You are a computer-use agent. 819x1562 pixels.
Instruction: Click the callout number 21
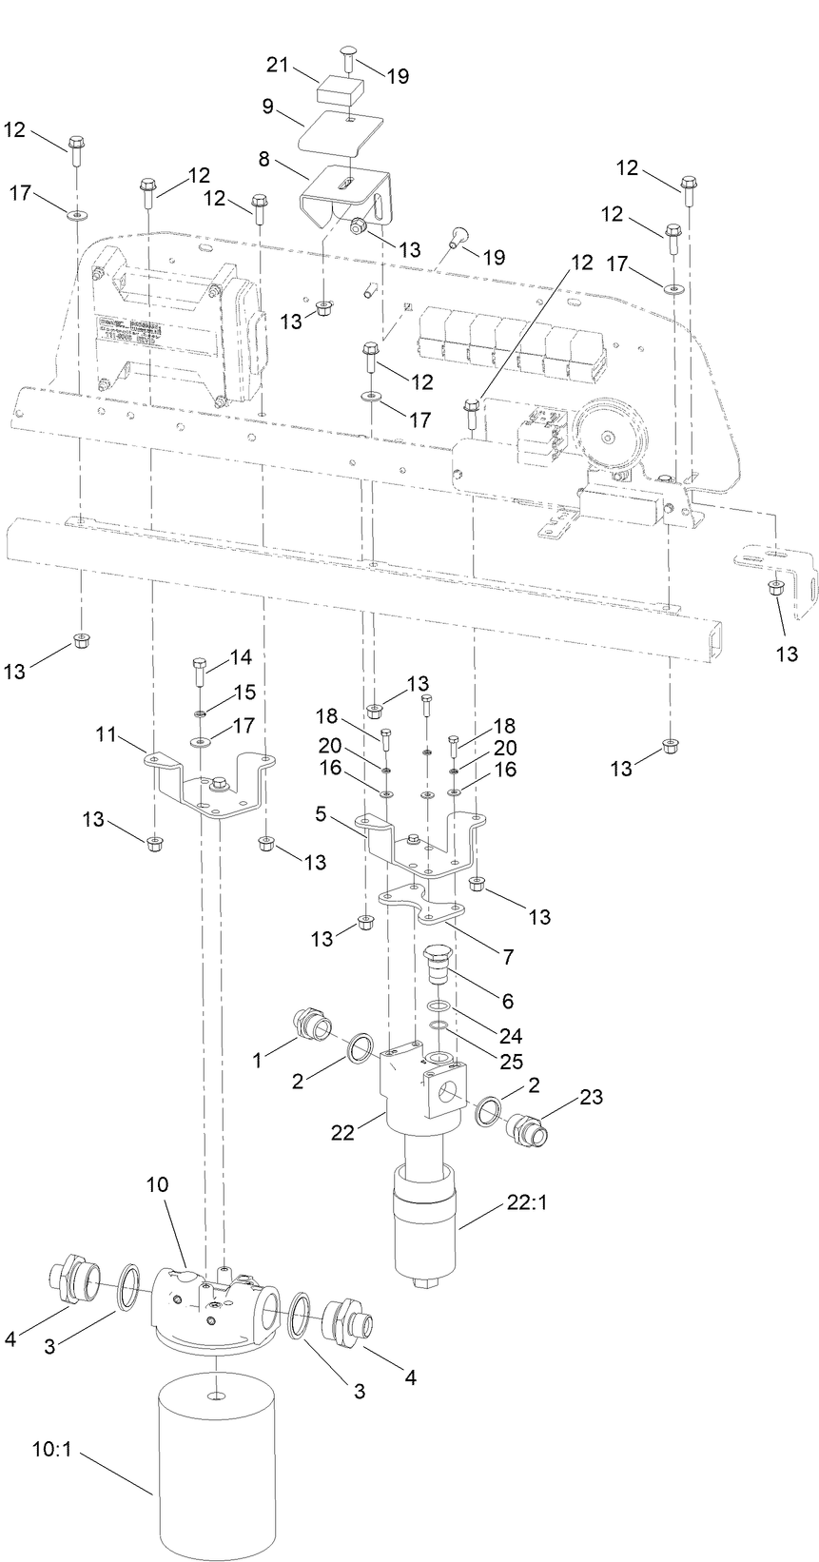pos(277,66)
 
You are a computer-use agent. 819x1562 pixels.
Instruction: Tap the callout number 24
pos(512,1036)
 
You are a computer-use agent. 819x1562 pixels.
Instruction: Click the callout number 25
pos(512,1061)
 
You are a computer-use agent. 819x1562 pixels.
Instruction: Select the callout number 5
pos(322,814)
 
